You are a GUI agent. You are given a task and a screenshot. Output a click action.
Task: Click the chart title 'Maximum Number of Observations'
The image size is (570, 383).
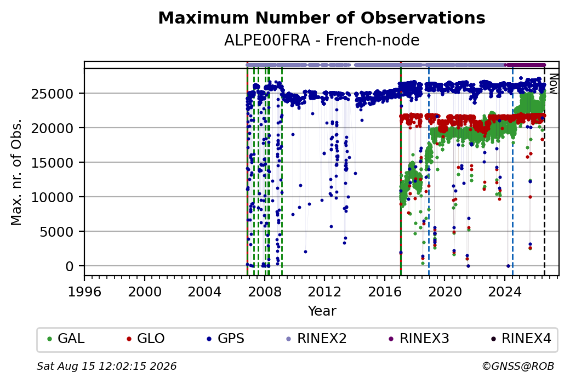(x=322, y=18)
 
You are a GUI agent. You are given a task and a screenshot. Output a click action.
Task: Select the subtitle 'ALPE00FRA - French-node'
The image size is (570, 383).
(x=322, y=40)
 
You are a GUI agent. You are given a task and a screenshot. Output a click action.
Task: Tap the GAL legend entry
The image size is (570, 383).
(x=66, y=339)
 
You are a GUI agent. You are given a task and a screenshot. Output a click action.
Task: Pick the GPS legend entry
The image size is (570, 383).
(x=225, y=339)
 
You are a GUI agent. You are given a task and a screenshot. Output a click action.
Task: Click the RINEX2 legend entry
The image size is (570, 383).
(x=317, y=339)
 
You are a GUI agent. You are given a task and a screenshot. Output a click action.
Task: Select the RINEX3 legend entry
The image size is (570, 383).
(x=419, y=339)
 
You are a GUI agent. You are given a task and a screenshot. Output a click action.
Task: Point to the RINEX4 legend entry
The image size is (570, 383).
(x=521, y=339)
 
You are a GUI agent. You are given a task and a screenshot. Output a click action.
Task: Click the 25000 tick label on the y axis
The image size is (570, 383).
(x=53, y=94)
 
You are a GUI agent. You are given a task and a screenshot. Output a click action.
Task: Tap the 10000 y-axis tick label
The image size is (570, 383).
(x=53, y=197)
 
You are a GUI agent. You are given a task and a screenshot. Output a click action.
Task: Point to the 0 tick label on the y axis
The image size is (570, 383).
(x=70, y=266)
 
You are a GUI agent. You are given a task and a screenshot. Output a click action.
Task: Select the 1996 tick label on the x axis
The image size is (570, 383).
(x=84, y=291)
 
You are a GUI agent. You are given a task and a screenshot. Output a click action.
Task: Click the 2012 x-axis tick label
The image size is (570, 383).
(x=324, y=291)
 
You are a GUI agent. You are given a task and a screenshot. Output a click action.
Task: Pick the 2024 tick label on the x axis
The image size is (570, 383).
(x=505, y=291)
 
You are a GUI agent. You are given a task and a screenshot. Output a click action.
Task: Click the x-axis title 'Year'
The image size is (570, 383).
(x=322, y=311)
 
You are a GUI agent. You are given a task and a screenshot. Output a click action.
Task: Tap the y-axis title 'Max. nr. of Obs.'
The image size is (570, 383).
(x=16, y=172)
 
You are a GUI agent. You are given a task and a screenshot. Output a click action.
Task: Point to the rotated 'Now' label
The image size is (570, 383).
(x=553, y=84)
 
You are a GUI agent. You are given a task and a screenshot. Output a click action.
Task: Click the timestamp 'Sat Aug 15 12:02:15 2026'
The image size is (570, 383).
(x=106, y=366)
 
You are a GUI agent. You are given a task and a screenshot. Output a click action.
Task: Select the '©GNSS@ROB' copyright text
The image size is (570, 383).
(x=518, y=366)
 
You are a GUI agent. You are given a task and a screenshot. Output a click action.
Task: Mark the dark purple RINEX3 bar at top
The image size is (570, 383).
(x=525, y=65)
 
